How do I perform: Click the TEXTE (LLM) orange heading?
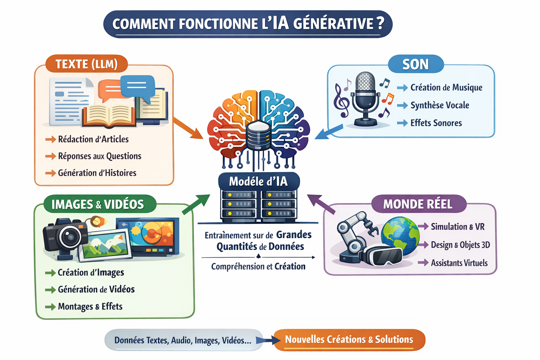(x=86, y=64)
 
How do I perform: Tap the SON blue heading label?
(x=416, y=64)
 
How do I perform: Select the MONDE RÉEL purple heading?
(x=418, y=204)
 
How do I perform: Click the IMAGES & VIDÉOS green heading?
(x=98, y=204)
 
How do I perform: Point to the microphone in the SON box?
(x=366, y=95)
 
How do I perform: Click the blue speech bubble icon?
(x=138, y=86)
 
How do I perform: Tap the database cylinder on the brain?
(x=258, y=135)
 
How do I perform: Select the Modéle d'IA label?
(x=258, y=181)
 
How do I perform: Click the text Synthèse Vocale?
(x=439, y=105)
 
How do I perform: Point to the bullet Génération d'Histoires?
(x=97, y=173)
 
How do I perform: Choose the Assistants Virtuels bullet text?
(x=459, y=263)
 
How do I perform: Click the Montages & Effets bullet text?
(x=90, y=307)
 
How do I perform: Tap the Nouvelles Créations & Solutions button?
(x=349, y=340)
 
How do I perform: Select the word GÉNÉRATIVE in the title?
(x=333, y=24)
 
